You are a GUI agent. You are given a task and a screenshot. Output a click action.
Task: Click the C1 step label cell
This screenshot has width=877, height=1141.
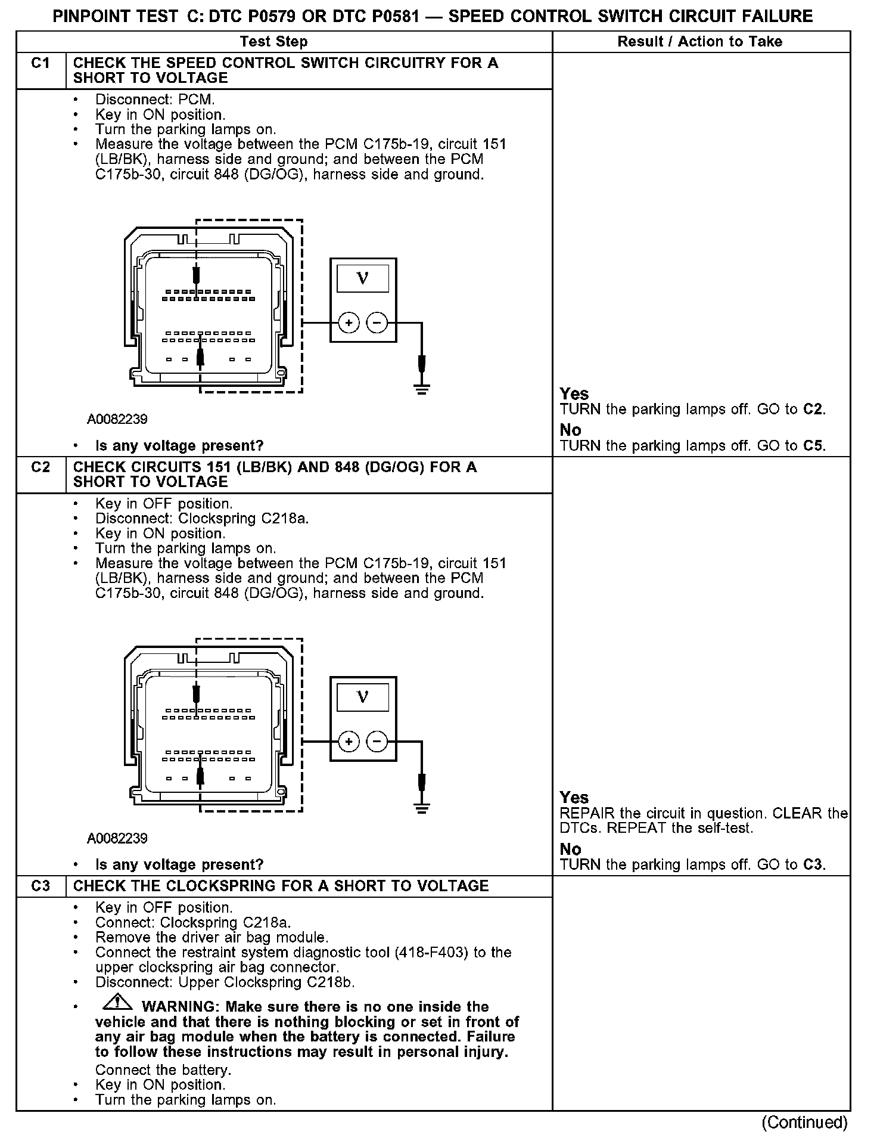41,64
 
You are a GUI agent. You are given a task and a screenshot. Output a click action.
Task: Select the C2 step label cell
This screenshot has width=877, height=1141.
41,467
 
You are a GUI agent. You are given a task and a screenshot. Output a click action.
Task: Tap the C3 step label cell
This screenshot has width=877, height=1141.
41,886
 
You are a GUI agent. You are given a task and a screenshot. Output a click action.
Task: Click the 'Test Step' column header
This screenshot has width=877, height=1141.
273,42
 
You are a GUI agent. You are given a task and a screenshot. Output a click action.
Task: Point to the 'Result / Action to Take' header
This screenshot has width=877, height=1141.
700,42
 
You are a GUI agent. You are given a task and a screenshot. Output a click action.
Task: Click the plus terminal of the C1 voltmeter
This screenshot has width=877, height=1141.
349,323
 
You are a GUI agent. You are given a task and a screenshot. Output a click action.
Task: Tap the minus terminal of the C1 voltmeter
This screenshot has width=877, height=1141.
377,323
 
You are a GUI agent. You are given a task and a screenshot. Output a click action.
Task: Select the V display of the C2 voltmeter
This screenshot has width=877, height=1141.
362,697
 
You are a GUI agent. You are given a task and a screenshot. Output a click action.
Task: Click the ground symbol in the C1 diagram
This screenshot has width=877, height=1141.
422,390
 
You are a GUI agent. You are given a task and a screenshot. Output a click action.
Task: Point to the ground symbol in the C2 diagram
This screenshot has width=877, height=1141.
422,809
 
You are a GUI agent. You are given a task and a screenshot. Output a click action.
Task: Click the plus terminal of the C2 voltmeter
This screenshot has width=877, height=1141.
349,742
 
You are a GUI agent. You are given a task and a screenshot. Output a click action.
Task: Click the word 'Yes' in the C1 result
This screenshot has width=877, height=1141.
574,394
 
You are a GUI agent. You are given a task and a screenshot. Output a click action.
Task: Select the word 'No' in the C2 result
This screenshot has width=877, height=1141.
570,849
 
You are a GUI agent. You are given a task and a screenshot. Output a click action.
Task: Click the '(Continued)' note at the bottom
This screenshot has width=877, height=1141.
804,1122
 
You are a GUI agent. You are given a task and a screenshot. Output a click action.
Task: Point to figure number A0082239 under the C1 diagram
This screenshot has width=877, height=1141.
117,419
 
